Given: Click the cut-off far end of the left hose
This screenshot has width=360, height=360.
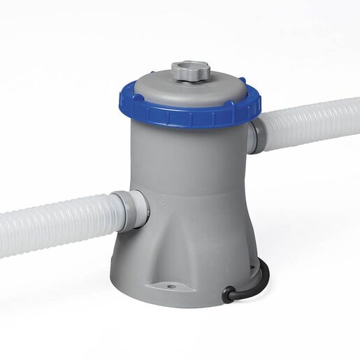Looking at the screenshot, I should coord(3,231).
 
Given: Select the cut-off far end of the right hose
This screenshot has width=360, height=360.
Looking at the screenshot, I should coord(357,115).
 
